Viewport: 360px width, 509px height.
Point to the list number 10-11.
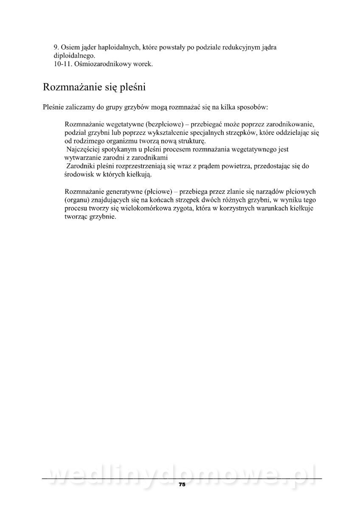tap(62, 64)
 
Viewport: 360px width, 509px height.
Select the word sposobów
tap(253, 108)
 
